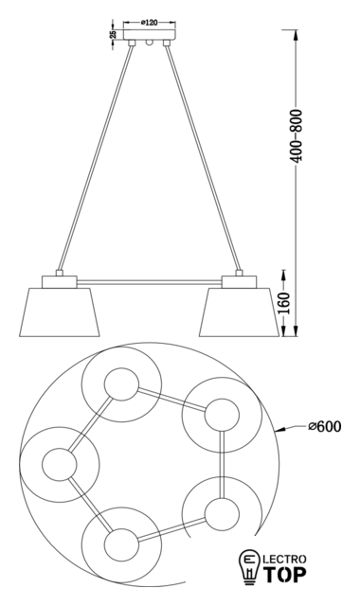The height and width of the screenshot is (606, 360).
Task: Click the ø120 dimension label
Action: (x=150, y=23)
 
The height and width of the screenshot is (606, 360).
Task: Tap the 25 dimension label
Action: (x=113, y=34)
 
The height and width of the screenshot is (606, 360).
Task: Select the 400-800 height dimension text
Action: (x=297, y=135)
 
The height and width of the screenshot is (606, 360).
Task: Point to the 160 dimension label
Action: (x=284, y=303)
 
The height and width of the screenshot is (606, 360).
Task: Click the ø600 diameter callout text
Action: (x=325, y=427)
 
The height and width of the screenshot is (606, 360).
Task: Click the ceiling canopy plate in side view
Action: (x=150, y=35)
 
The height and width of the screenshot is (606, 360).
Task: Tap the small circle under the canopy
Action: (x=150, y=43)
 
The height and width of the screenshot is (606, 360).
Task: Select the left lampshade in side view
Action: (x=60, y=312)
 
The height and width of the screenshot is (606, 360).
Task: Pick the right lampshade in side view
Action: (x=239, y=312)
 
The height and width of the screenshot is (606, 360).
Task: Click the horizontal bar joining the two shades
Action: (x=150, y=282)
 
